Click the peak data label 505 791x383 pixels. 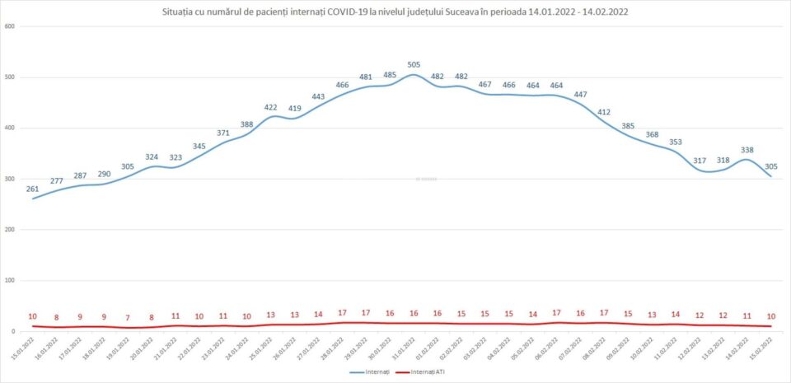click(x=414, y=63)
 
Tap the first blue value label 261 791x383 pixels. click(x=32, y=189)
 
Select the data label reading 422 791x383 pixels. click(x=270, y=107)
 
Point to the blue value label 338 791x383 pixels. click(x=748, y=150)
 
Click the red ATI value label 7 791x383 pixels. click(x=128, y=317)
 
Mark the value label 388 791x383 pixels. click(x=247, y=124)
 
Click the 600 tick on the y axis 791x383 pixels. click(x=10, y=26)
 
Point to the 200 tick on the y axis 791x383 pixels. click(x=10, y=230)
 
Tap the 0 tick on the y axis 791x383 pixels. click(x=13, y=331)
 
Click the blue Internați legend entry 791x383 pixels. click(x=370, y=372)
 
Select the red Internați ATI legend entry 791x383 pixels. click(x=420, y=372)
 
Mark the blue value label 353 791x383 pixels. click(x=676, y=142)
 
